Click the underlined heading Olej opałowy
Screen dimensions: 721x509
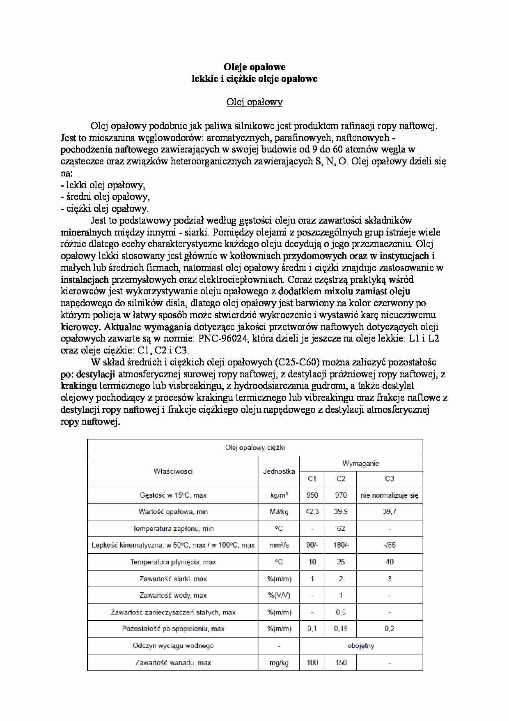coord(254,102)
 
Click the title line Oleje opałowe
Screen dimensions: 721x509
coord(254,67)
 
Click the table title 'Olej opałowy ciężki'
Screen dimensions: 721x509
coord(255,448)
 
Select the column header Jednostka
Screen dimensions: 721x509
coord(279,471)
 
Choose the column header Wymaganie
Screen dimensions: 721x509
coord(361,463)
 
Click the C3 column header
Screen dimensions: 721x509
coord(390,479)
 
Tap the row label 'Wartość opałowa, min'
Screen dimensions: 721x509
coord(173,512)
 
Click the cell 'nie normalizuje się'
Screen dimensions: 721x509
coord(390,495)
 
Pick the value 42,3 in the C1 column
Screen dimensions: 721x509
coord(312,512)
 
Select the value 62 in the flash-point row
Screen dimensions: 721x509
coord(341,529)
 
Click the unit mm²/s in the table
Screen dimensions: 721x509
coord(279,545)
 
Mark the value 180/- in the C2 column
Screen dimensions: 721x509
coord(341,545)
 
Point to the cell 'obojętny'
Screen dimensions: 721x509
coord(361,646)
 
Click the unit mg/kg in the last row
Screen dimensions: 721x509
coord(279,663)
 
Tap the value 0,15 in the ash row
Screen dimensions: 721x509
coord(341,629)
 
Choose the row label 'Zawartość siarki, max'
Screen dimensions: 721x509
coord(173,579)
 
